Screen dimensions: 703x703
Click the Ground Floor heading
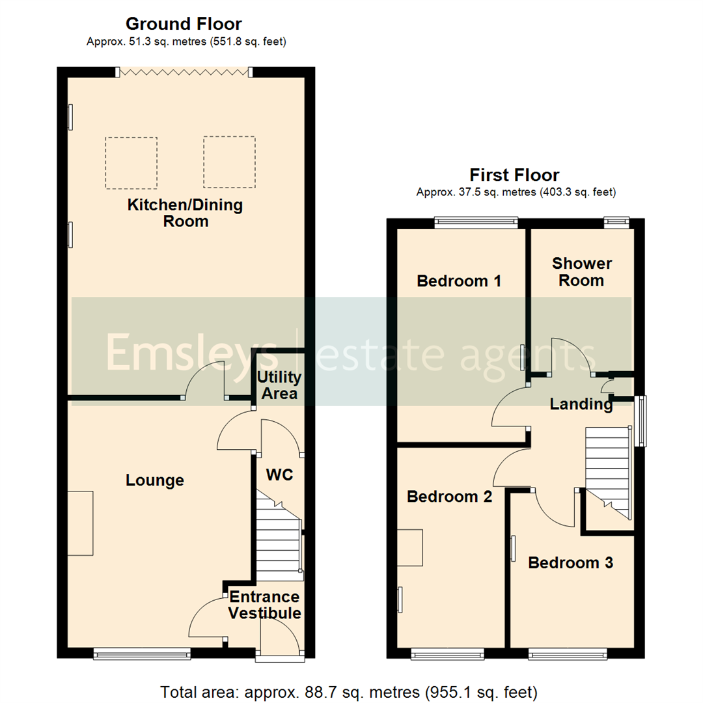click(x=184, y=25)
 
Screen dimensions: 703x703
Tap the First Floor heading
click(x=514, y=175)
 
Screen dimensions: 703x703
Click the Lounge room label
click(x=155, y=480)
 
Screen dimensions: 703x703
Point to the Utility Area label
click(x=278, y=385)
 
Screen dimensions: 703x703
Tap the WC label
click(x=279, y=475)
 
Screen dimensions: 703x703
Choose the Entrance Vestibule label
click(x=265, y=605)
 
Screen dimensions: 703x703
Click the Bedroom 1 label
click(x=459, y=281)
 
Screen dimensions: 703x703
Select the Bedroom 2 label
click(x=449, y=497)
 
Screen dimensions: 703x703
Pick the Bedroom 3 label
click(x=570, y=562)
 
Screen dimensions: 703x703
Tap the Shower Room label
click(x=581, y=272)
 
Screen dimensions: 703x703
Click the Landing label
click(x=581, y=404)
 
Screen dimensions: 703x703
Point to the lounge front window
click(x=142, y=652)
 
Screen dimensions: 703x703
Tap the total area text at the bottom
click(x=348, y=691)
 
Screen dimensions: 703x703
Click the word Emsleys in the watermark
click(x=192, y=352)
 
